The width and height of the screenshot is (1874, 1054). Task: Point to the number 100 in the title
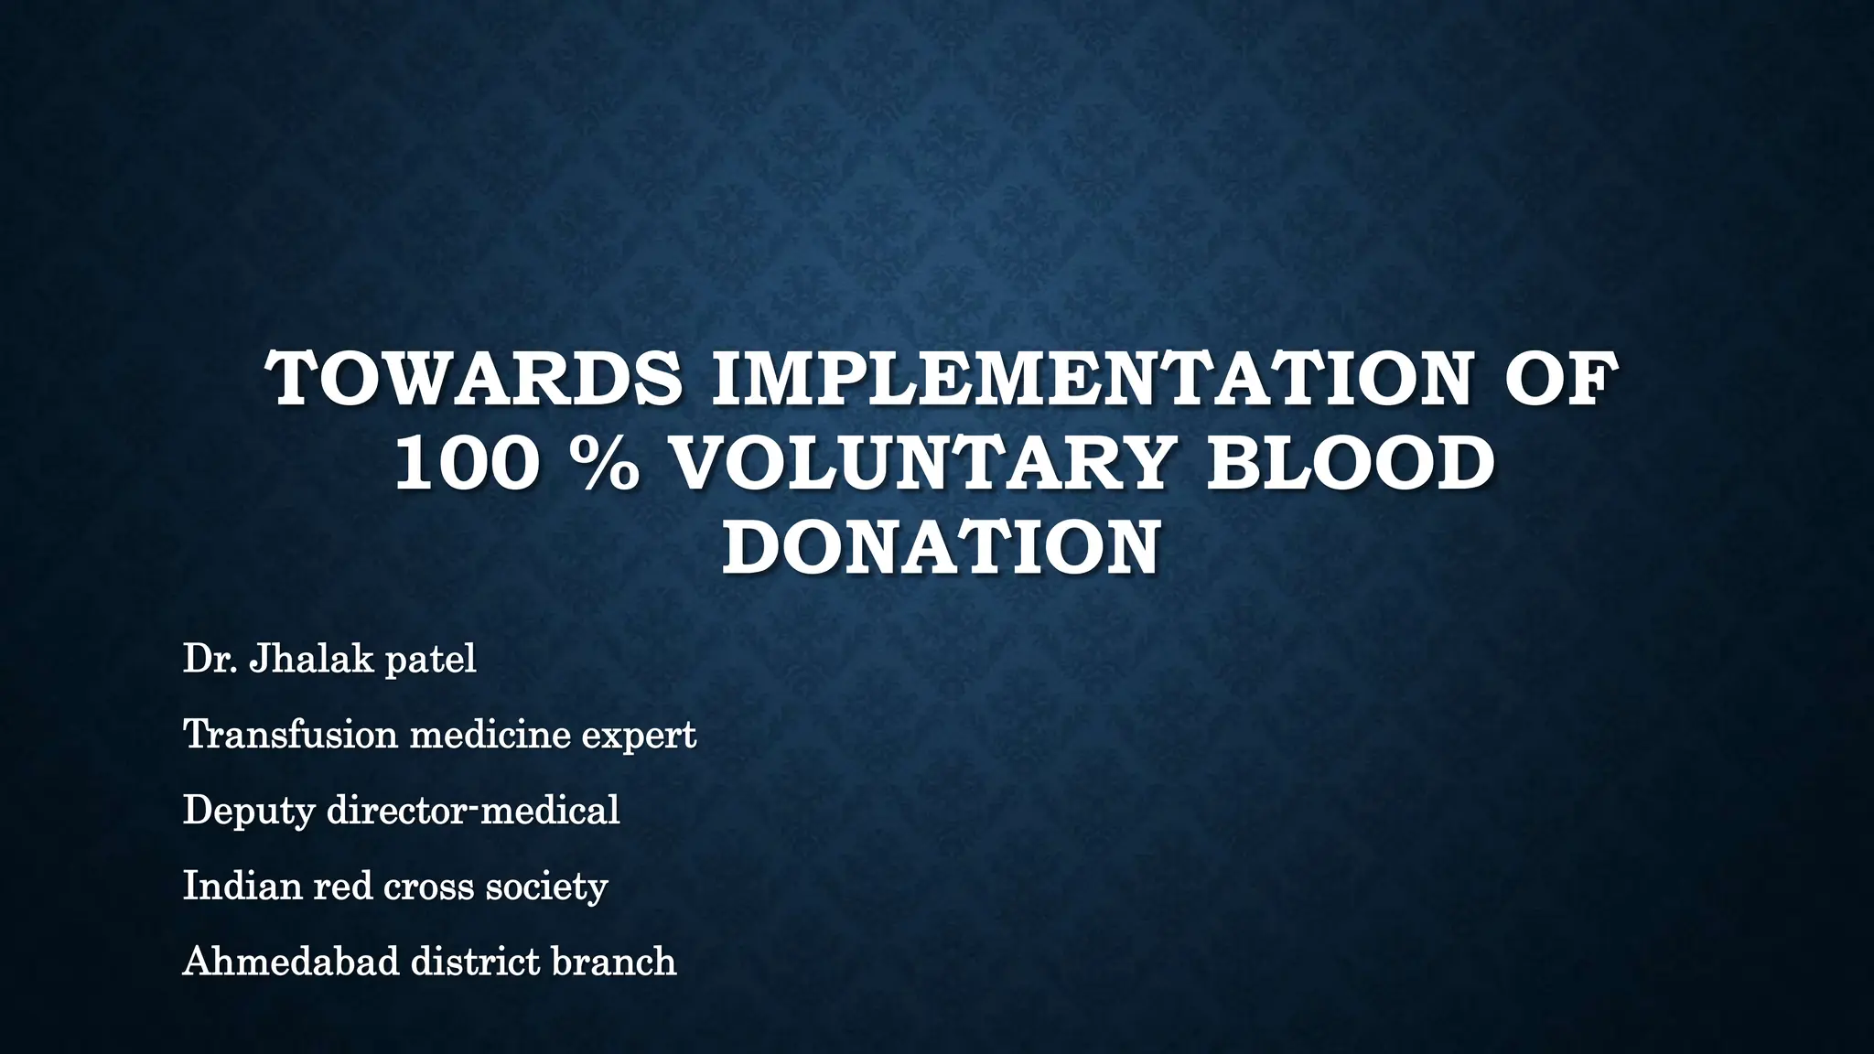463,463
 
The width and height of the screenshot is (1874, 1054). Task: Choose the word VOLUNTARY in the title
921,463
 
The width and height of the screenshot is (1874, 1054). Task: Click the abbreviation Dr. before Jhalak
210,659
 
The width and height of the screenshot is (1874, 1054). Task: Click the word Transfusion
290,734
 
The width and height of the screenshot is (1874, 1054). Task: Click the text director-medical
473,810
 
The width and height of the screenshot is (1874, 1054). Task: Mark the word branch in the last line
614,961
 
